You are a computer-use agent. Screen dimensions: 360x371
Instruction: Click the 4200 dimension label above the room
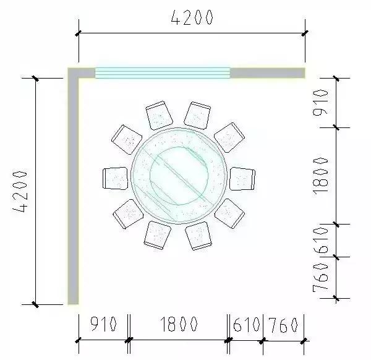click(191, 18)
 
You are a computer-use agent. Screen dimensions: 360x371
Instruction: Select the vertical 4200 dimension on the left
click(21, 191)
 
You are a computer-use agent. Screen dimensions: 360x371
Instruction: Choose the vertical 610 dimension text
click(320, 241)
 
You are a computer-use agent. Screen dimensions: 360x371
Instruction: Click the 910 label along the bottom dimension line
click(103, 324)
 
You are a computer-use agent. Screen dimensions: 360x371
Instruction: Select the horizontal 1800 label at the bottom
click(179, 324)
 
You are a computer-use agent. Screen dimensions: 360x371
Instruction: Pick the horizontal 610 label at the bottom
click(247, 324)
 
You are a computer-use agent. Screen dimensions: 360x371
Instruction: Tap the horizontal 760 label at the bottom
click(284, 324)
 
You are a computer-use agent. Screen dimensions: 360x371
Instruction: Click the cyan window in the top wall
click(162, 73)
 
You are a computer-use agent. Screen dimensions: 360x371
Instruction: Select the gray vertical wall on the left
click(73, 192)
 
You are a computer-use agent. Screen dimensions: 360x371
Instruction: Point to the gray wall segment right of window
click(267, 73)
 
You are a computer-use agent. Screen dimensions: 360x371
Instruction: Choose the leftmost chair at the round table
click(114, 178)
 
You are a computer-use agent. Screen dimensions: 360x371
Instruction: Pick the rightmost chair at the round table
click(242, 178)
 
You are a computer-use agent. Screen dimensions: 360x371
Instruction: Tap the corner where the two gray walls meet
click(73, 73)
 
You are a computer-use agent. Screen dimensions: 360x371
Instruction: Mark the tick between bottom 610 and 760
click(263, 340)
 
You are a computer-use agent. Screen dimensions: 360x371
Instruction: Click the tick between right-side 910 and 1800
click(336, 128)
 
